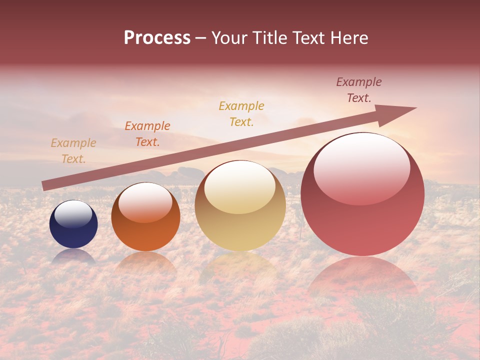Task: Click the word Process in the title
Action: tap(157, 38)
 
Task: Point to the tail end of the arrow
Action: tap(45, 185)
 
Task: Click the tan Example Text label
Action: tap(73, 151)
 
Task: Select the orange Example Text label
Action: tap(147, 134)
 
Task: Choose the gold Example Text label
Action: tap(241, 114)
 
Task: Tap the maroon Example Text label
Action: tap(359, 90)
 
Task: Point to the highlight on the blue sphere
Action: tap(73, 214)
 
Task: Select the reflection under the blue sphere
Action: tap(73, 256)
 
